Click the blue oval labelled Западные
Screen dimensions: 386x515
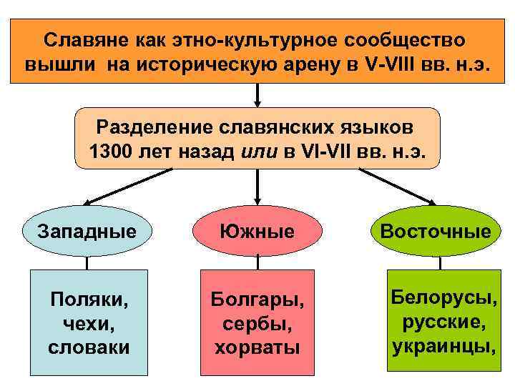(87, 232)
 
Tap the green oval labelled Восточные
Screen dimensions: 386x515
(436, 232)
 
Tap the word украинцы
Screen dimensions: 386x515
(443, 346)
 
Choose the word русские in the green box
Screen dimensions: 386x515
(443, 322)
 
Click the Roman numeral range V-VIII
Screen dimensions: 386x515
(394, 62)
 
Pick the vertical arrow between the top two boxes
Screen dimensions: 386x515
(257, 94)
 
